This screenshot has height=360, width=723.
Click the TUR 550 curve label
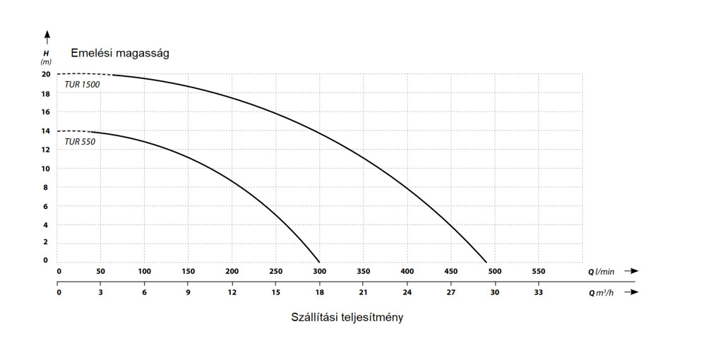click(80, 141)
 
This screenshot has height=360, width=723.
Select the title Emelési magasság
click(119, 53)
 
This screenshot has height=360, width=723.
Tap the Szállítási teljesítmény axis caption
click(347, 317)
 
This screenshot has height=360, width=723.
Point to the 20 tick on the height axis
click(46, 74)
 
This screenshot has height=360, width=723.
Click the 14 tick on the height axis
click(46, 131)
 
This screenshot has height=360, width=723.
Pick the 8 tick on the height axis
click(46, 187)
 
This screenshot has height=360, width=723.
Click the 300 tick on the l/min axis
click(320, 271)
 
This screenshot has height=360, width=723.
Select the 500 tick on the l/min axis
click(494, 271)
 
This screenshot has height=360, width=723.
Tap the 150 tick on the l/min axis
click(189, 271)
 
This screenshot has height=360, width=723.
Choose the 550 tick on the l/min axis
click(538, 271)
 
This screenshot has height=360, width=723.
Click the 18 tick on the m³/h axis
click(320, 292)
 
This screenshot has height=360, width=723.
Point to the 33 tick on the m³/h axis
click(538, 292)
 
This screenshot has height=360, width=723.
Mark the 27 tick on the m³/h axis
click(451, 292)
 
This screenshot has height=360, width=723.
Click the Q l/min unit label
click(601, 271)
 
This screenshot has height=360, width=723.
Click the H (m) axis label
click(46, 57)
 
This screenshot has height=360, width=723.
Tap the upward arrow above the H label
click(47, 35)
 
